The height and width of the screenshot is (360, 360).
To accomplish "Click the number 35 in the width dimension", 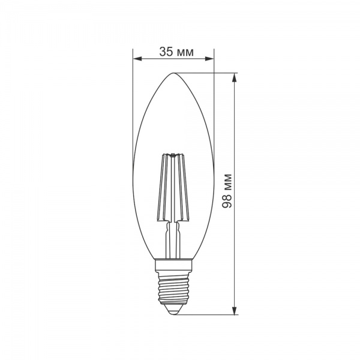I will click(166, 52).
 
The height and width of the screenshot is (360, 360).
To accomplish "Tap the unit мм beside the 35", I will click(185, 52).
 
